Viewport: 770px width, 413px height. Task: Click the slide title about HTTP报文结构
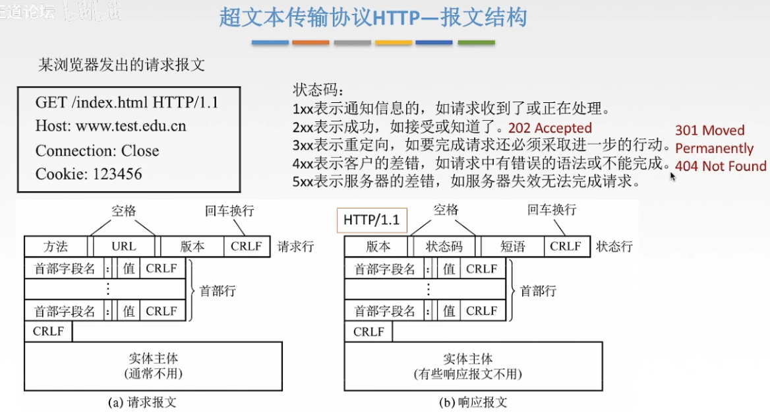click(x=373, y=17)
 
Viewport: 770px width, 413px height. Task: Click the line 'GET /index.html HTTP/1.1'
click(x=127, y=103)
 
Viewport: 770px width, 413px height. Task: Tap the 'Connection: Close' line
click(x=98, y=150)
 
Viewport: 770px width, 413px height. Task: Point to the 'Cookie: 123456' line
click(x=89, y=174)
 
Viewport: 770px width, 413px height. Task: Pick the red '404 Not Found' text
click(x=721, y=166)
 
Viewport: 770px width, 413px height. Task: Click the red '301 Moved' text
click(x=709, y=131)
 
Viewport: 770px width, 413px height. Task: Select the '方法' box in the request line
click(x=55, y=247)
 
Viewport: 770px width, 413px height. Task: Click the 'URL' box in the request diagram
click(x=124, y=247)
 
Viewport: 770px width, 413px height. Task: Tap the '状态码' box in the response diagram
click(x=444, y=247)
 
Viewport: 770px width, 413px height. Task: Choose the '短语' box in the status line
click(x=512, y=247)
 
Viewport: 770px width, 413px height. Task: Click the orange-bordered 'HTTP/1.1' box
click(x=372, y=220)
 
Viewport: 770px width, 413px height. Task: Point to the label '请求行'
click(x=296, y=247)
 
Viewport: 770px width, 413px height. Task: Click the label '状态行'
click(x=614, y=247)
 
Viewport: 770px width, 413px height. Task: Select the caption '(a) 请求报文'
click(x=142, y=402)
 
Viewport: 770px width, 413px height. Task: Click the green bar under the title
click(x=476, y=43)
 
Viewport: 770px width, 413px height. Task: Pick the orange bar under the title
click(x=311, y=43)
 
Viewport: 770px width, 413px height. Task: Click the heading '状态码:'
click(x=318, y=90)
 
